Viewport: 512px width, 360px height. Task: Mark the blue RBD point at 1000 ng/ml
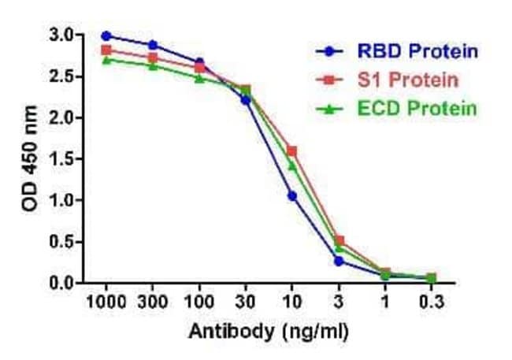[x=106, y=35]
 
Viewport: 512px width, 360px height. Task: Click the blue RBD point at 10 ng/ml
[x=292, y=195]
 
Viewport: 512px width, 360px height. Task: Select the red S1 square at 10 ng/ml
[x=292, y=150]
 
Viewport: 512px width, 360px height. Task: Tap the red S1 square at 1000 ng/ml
[x=106, y=50]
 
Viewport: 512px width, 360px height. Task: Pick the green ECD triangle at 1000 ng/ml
[x=106, y=60]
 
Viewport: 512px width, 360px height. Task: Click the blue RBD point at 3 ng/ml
[x=339, y=261]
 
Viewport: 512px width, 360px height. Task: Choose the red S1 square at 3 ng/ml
[x=339, y=240]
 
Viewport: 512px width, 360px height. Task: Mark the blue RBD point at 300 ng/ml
[x=153, y=45]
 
